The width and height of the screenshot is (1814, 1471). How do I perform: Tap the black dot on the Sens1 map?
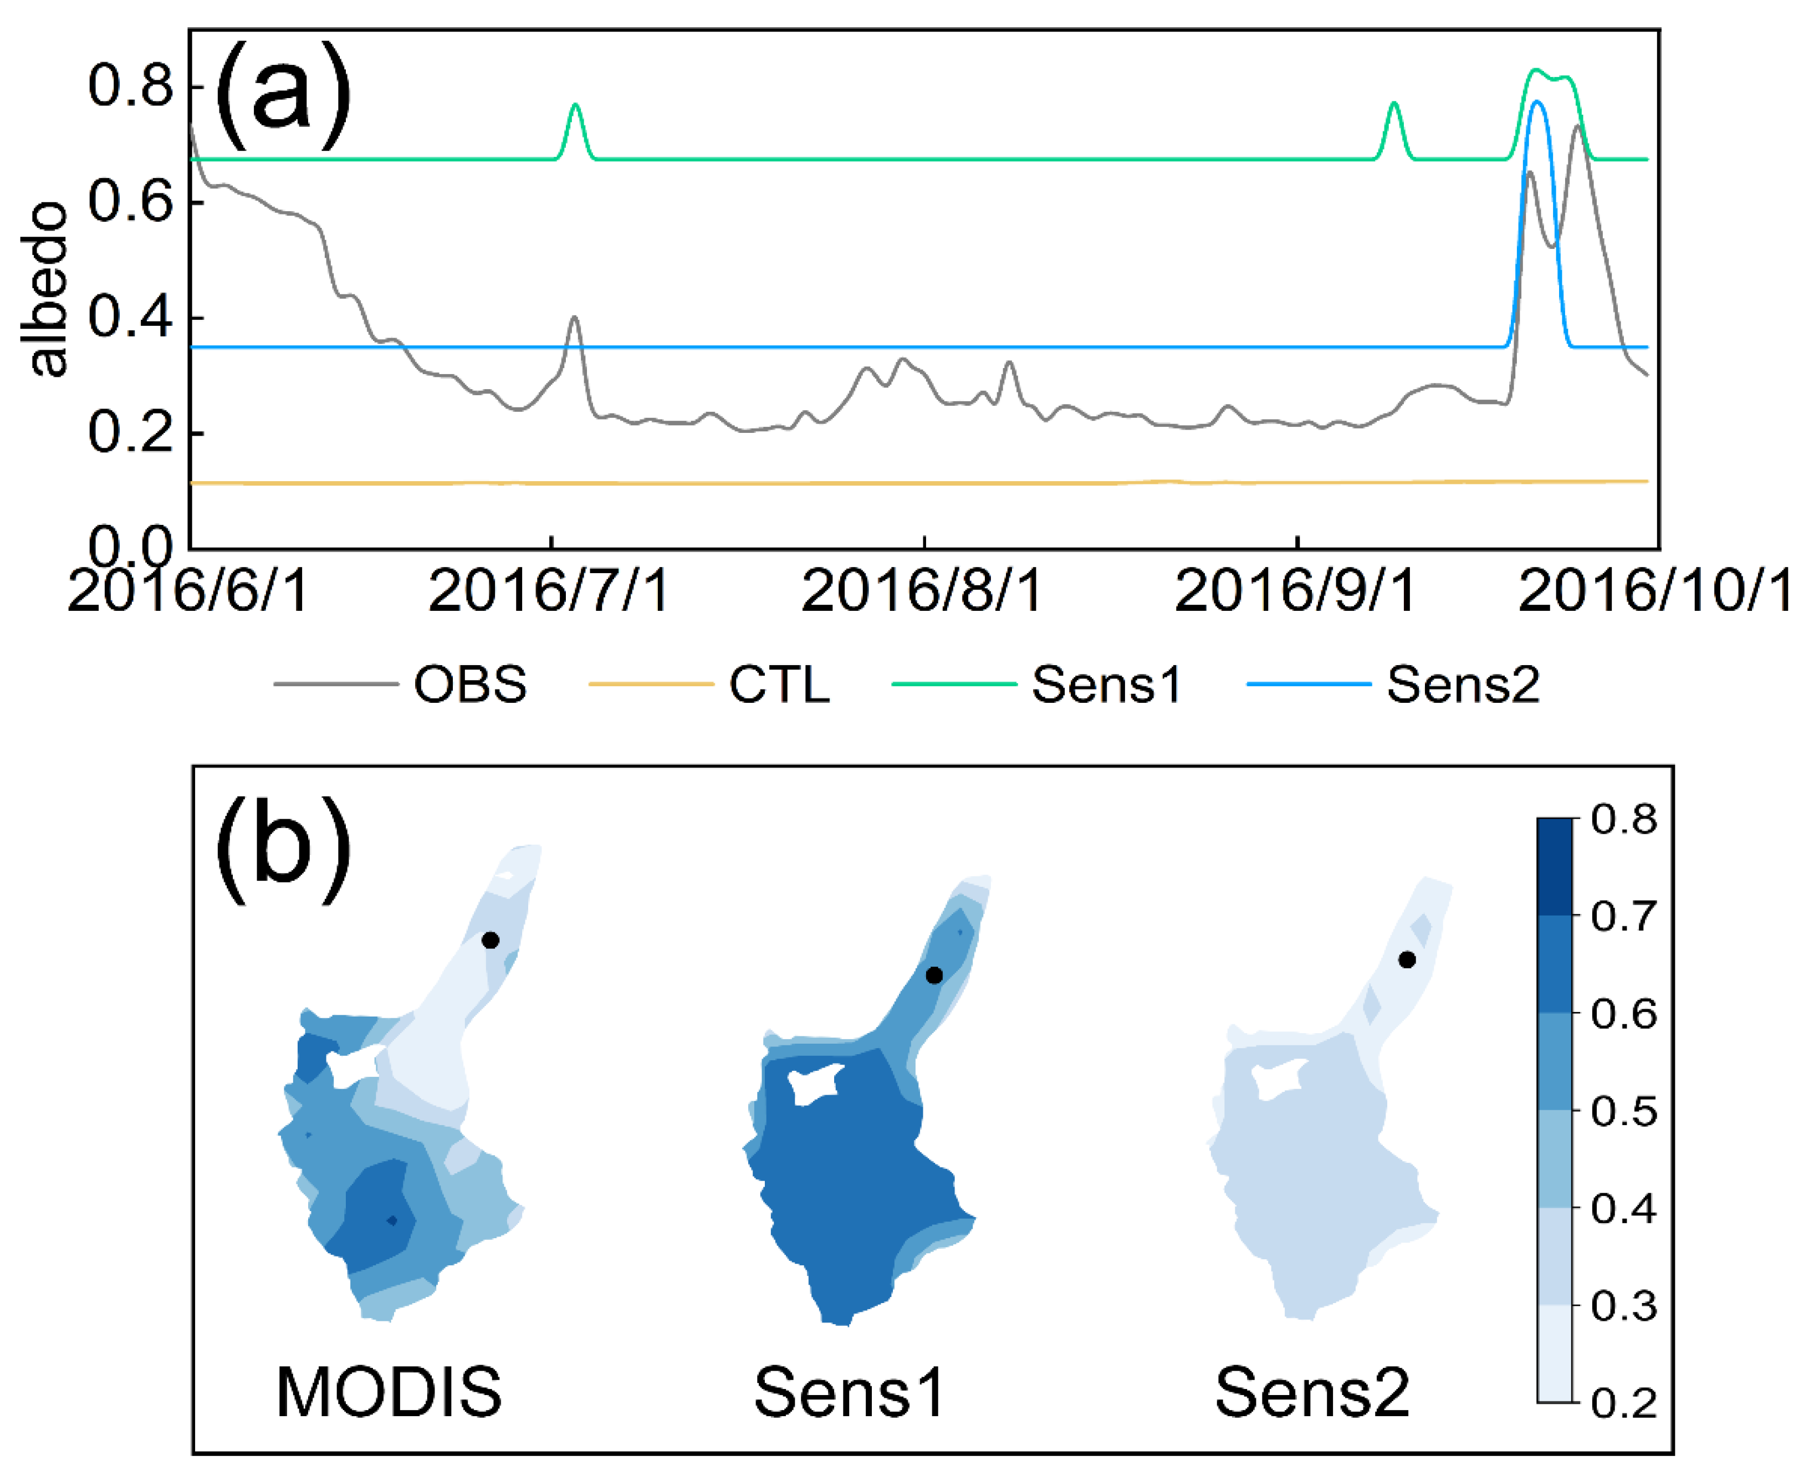(x=934, y=975)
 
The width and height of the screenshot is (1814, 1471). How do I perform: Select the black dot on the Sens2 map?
(x=1407, y=960)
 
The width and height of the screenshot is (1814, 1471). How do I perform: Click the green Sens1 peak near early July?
(x=575, y=105)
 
